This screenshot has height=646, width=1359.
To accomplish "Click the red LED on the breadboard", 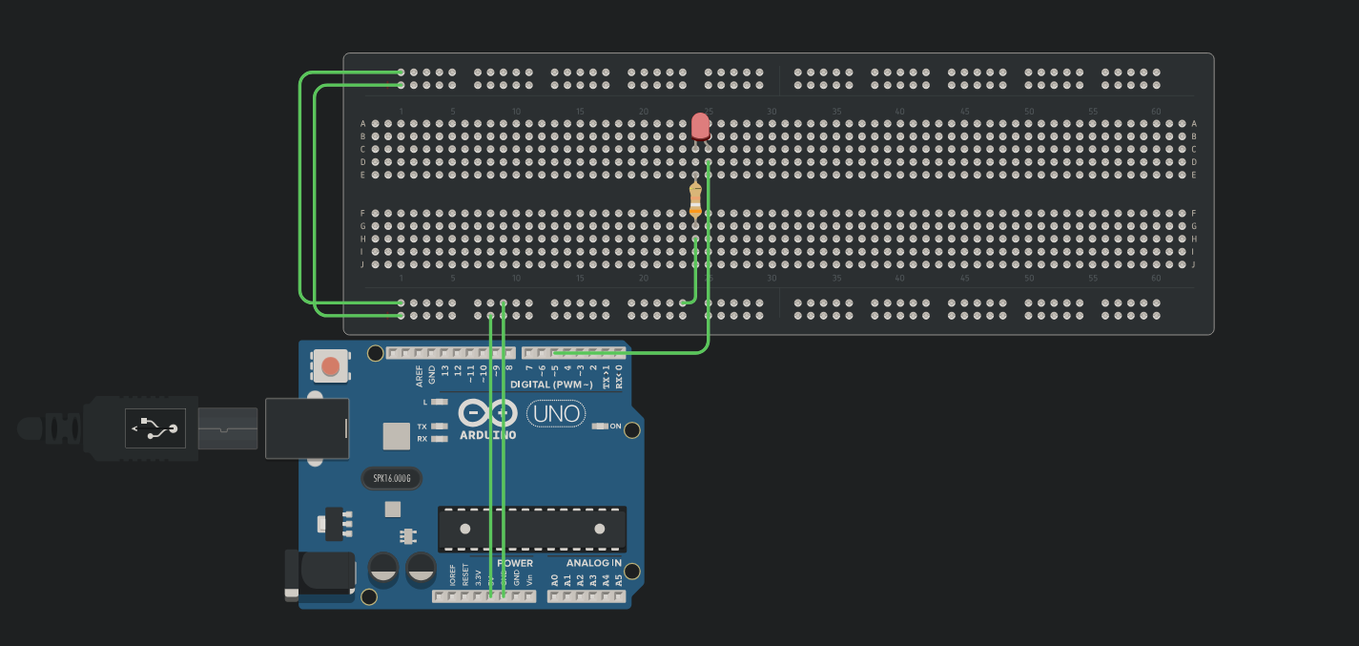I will (x=700, y=126).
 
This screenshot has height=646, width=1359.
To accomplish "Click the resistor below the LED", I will (x=695, y=200).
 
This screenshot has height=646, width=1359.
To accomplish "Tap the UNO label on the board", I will (x=556, y=414).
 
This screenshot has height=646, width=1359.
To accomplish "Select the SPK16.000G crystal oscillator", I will (x=391, y=478).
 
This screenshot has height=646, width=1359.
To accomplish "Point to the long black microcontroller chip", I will (x=532, y=529).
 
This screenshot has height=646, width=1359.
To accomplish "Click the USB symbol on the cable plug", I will (x=155, y=429).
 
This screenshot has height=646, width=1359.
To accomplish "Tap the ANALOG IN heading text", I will (x=587, y=563).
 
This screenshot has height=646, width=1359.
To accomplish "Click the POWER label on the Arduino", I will (x=515, y=563).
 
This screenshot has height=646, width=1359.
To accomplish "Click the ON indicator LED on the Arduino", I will (x=600, y=427).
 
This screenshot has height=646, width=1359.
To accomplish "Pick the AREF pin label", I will (x=420, y=375).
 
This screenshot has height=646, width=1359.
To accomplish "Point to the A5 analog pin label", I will (x=618, y=579).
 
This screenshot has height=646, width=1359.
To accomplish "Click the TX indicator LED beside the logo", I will (x=439, y=427).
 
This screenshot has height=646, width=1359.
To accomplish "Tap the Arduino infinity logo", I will (x=487, y=413).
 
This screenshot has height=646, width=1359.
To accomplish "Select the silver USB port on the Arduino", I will (x=306, y=427).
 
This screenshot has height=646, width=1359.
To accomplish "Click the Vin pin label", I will (x=529, y=578).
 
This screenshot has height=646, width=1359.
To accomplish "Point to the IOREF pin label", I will (x=452, y=575).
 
